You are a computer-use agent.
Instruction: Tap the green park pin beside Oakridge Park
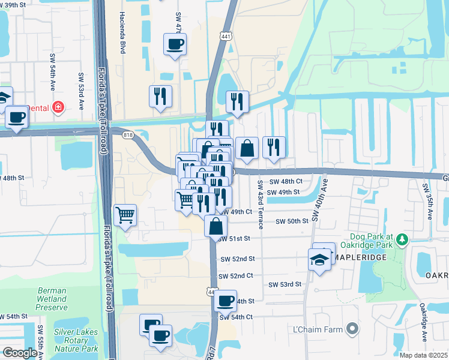click(403, 241)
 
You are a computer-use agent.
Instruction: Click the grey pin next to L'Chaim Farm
click(353, 329)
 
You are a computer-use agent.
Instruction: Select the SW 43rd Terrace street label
click(261, 205)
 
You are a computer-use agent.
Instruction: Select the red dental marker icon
click(58, 107)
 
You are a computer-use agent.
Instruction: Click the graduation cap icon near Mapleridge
click(319, 259)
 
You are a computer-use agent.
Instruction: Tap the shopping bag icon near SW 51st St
click(216, 226)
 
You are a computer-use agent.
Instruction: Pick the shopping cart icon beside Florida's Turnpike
click(125, 214)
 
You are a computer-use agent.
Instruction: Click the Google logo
click(20, 353)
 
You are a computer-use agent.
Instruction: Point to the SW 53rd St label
click(285, 284)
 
